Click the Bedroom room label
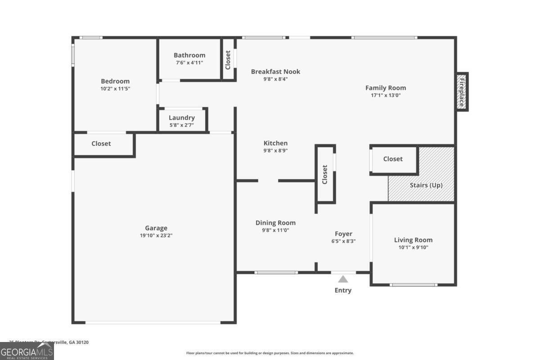(115, 81)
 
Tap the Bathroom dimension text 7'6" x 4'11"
(189, 63)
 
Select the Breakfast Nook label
(275, 72)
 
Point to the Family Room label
(385, 88)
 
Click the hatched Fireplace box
(462, 91)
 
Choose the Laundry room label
(182, 118)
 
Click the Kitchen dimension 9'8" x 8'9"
(275, 151)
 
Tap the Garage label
(156, 228)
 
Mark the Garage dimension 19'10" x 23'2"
(156, 235)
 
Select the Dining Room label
(275, 223)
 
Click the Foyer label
(343, 234)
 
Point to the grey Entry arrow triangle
(343, 279)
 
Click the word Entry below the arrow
(343, 290)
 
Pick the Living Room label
(413, 240)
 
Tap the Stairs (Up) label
(426, 185)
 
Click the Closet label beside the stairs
(393, 159)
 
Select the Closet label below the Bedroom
(101, 144)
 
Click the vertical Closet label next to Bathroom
(228, 59)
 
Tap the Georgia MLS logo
(27, 351)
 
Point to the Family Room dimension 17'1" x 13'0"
(385, 95)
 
